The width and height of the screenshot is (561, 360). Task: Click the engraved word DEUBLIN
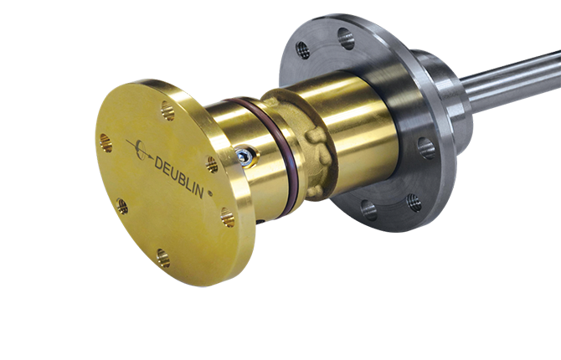[179, 177]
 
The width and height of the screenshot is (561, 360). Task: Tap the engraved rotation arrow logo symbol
[140, 151]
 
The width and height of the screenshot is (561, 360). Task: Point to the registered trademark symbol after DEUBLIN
[210, 193]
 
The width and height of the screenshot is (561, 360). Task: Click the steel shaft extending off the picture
[512, 80]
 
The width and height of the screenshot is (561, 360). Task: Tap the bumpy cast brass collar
[304, 143]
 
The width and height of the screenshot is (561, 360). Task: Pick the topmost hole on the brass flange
[167, 111]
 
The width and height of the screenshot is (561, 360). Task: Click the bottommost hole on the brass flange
[163, 259]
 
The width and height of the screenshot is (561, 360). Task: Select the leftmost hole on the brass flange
[106, 142]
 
